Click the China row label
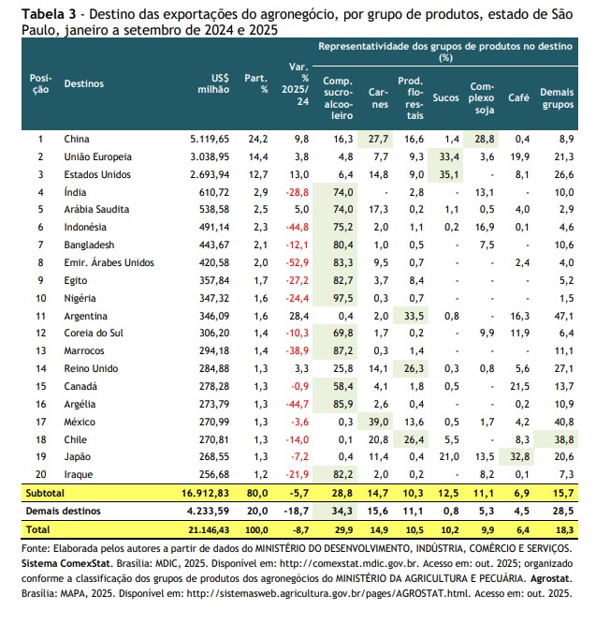click(x=77, y=139)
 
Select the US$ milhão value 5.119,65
click(x=209, y=139)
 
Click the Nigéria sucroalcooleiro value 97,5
click(x=339, y=297)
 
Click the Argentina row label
click(x=85, y=316)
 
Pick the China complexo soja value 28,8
click(x=485, y=139)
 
